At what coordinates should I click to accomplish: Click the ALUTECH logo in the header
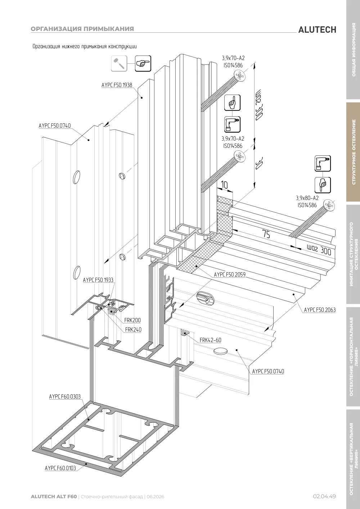coord(317,30)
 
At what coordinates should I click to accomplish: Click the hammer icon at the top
coord(119,63)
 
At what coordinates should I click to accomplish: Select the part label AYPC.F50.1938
coord(117,85)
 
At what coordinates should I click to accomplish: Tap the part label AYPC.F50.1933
coord(98,280)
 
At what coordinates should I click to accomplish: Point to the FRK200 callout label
coord(132,320)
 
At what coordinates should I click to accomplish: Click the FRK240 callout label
coord(133,330)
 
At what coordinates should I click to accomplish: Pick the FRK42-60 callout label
coord(210,340)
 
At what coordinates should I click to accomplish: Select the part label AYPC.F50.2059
coord(230,274)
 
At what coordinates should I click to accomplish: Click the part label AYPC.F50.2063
coord(320,310)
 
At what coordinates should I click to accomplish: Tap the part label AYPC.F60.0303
coord(65,396)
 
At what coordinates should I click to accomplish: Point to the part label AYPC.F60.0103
coord(60,468)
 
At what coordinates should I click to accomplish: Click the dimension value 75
coord(266,234)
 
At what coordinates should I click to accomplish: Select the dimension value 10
coord(224,185)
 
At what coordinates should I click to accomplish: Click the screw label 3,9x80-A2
coord(307,198)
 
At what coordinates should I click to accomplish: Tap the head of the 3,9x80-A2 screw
coord(329,205)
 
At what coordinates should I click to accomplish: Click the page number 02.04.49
coord(324,496)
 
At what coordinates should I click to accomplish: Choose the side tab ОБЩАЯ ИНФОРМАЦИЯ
coord(354,50)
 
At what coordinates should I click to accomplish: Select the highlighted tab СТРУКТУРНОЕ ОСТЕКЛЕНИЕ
coord(354,152)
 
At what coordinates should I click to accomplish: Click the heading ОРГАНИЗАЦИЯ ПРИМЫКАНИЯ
coord(82,29)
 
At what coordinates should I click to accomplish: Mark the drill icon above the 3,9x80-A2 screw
coord(323,163)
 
